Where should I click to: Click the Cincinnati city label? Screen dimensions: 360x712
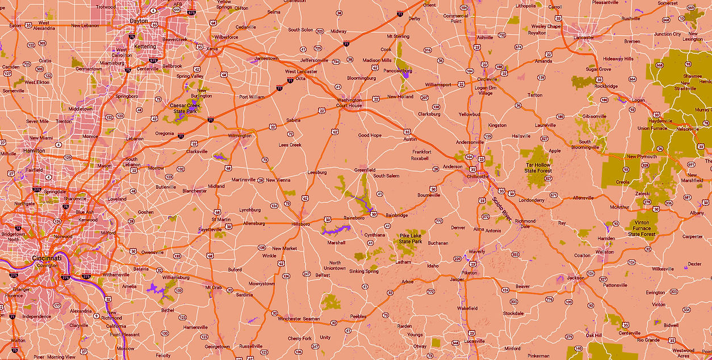tap(47, 258)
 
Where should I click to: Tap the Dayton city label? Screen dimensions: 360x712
tap(139, 21)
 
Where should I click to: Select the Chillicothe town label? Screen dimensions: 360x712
tap(478, 176)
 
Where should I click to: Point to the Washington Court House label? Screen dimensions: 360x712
tap(349, 103)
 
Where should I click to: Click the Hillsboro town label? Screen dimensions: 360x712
tap(300, 224)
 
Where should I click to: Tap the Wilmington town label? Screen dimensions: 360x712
tap(240, 136)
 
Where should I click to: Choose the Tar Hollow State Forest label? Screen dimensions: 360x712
tap(537, 168)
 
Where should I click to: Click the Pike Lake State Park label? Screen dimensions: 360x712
tap(411, 238)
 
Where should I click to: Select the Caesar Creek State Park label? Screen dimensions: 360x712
tap(184, 108)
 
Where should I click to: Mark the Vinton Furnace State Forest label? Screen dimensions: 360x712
tap(642, 228)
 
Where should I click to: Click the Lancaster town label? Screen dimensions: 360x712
tap(584, 37)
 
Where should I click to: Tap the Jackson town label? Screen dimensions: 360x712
tap(575, 278)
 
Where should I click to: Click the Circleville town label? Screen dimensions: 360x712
tap(487, 79)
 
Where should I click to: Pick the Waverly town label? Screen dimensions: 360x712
tap(476, 251)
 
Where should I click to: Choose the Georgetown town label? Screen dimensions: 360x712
tap(217, 346)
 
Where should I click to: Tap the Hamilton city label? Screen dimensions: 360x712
tap(34, 150)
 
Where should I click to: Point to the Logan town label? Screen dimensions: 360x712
tap(638, 100)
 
